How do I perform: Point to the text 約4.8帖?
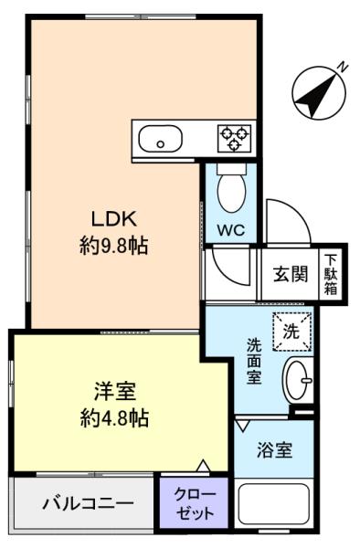[x=114, y=418]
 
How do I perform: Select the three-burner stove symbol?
[x=234, y=138]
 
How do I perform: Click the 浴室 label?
[x=274, y=451]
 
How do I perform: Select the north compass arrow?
[x=315, y=92]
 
